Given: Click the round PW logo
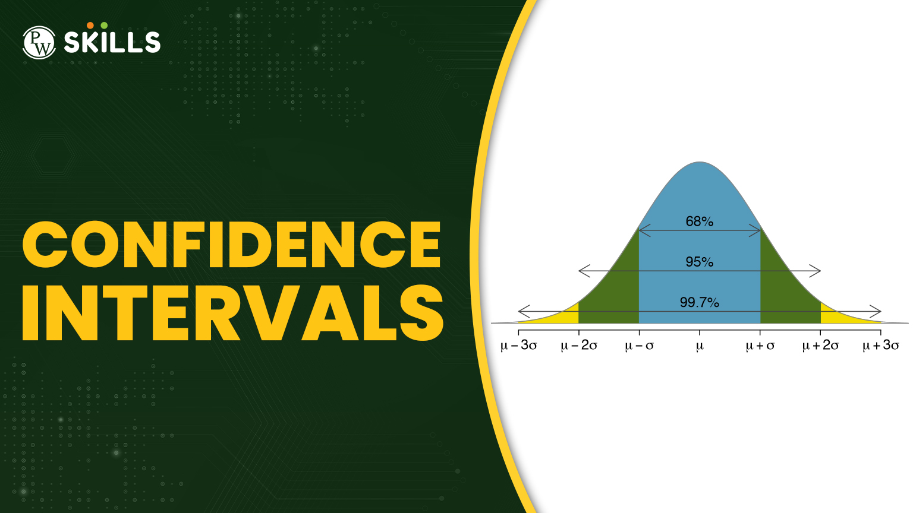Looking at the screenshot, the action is point(39,42).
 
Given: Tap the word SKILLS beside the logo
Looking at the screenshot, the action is point(112,42).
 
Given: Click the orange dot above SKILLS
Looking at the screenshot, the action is point(90,26).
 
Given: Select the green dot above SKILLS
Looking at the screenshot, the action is point(104,26).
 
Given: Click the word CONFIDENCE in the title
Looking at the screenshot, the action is point(231,245).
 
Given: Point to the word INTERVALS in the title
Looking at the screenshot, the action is point(233,313).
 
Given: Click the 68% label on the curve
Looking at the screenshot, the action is point(700,221).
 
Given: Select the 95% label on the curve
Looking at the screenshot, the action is point(700,262).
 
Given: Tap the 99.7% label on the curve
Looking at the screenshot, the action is point(700,302).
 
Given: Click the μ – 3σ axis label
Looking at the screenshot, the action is point(518,346).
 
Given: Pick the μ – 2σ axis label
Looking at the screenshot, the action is point(579,346).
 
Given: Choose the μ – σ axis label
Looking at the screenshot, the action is point(639,346).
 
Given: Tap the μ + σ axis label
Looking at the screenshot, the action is point(760,346).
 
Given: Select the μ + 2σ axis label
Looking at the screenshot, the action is point(820,346).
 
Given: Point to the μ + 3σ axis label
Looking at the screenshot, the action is point(881,346).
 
